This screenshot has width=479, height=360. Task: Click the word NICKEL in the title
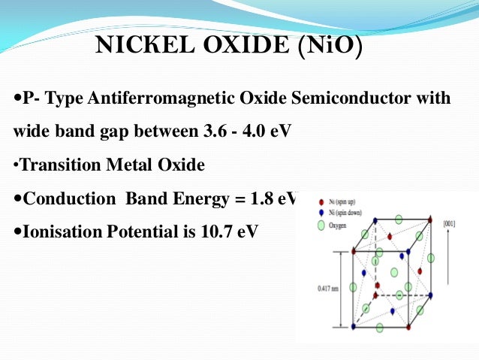139,47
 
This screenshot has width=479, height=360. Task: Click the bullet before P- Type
18,99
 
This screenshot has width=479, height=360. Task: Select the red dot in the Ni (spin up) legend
321,203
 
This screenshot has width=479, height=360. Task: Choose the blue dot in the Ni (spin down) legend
321,213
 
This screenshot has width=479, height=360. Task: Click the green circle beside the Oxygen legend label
321,223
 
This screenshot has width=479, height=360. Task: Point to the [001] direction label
450,223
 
